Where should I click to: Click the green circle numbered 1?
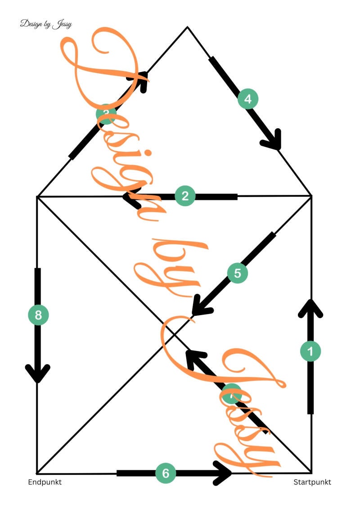tap(310, 351)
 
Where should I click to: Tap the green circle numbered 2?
tap(184, 196)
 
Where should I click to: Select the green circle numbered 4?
tap(248, 98)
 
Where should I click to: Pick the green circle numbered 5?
tap(238, 273)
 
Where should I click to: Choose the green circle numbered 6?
tap(165, 473)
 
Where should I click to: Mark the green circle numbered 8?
tap(38, 315)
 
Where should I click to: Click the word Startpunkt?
tap(312, 482)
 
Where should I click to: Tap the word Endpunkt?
tap(45, 482)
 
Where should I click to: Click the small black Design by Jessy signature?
tap(46, 24)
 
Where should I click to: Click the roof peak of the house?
tap(187, 27)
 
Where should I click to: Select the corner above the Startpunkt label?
tap(311, 472)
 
